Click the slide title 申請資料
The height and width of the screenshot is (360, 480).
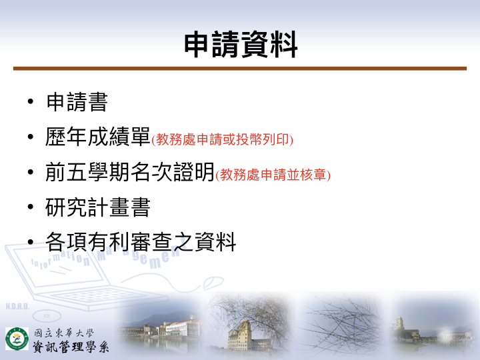[x=241, y=45]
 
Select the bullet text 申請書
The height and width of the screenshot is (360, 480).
[x=77, y=102]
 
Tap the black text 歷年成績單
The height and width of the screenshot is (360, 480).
[x=98, y=137]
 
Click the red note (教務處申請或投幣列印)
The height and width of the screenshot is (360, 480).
[x=223, y=139]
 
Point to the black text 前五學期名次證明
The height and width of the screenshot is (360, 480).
[x=130, y=172]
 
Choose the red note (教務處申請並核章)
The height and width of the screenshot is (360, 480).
[x=273, y=175]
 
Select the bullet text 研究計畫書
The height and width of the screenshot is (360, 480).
[x=98, y=207]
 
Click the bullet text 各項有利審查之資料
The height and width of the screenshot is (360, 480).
[x=141, y=242]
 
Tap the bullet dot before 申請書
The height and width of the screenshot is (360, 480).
[x=30, y=101]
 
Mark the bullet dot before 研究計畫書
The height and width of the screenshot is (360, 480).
[x=30, y=207]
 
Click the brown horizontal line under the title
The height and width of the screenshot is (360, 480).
[x=240, y=69]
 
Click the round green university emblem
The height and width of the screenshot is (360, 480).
[x=17, y=339]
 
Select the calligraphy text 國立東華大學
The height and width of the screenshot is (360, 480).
[x=63, y=333]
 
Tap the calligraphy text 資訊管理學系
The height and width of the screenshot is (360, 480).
[x=71, y=347]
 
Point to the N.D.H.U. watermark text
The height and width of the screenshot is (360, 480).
[x=17, y=307]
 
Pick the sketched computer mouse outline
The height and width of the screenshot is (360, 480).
[x=213, y=283]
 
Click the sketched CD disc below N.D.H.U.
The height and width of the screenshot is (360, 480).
[x=47, y=315]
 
